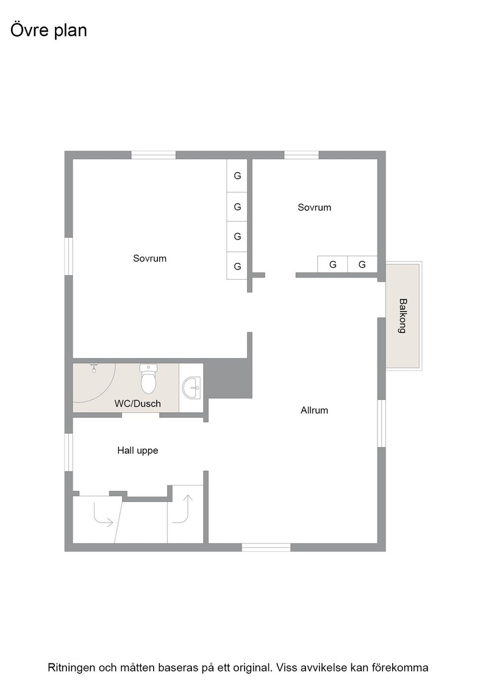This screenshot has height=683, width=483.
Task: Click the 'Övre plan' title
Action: tap(48, 30)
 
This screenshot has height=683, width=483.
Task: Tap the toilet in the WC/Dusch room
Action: tap(149, 379)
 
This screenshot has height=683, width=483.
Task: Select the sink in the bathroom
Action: tap(191, 388)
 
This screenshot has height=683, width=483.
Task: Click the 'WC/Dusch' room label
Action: tap(138, 404)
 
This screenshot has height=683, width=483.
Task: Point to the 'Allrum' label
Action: tap(314, 410)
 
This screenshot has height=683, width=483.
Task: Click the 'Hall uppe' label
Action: tap(138, 451)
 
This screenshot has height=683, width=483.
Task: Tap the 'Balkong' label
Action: tap(403, 316)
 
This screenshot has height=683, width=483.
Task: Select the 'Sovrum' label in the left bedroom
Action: tap(150, 259)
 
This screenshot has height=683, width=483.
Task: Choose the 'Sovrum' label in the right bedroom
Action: tap(315, 207)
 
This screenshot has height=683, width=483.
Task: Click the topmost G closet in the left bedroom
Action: tap(237, 176)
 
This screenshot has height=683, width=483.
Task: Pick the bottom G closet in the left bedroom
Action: tap(237, 266)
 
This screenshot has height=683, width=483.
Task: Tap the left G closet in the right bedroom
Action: tap(333, 265)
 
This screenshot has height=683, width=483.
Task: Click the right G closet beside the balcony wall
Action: tap(362, 265)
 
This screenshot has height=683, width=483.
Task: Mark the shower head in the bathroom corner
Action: tap(93, 367)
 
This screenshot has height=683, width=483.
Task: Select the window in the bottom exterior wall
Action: tap(266, 548)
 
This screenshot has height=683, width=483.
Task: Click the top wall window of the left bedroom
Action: tap(153, 155)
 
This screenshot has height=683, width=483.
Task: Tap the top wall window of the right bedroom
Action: tap(301, 155)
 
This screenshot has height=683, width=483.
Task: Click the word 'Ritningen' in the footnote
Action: tap(71, 668)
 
